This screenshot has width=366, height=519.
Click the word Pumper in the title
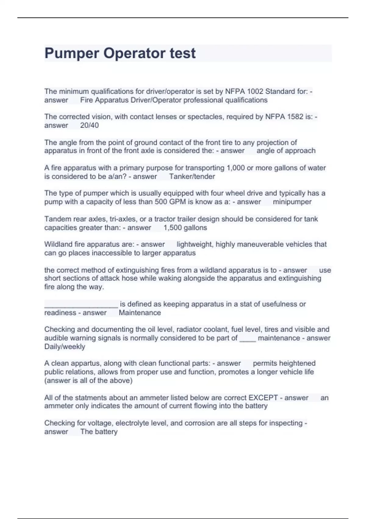(x=72, y=53)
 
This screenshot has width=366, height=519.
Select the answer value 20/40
(x=89, y=125)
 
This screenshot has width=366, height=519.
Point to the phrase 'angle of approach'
(x=286, y=151)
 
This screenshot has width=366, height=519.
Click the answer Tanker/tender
(x=192, y=176)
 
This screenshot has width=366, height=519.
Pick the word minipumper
(x=292, y=202)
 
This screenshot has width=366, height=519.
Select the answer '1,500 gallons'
(x=185, y=227)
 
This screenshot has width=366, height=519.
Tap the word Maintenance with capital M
(x=140, y=313)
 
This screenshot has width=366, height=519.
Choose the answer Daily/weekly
(x=65, y=347)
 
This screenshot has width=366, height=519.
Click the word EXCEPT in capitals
(x=263, y=398)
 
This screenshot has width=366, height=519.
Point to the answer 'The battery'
(x=99, y=432)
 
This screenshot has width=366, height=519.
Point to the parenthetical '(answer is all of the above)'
(x=88, y=380)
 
